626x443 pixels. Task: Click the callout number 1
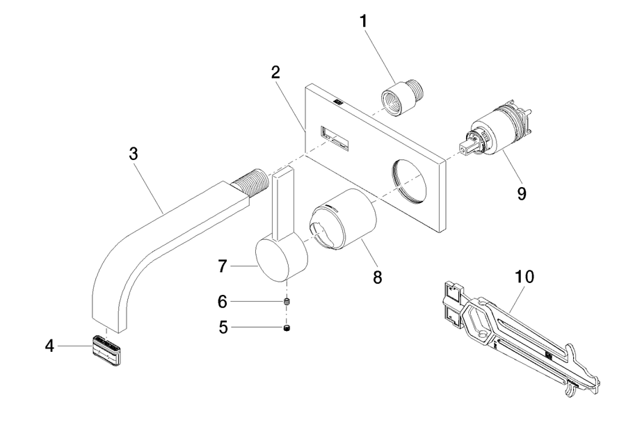pyautogui.click(x=363, y=21)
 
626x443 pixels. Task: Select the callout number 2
pyautogui.click(x=275, y=72)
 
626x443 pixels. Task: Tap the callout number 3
pyautogui.click(x=134, y=153)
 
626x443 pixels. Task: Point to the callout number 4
pyautogui.click(x=49, y=346)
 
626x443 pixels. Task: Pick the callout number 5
pyautogui.click(x=223, y=328)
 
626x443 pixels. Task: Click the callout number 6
pyautogui.click(x=223, y=302)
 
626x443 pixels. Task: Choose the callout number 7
pyautogui.click(x=223, y=266)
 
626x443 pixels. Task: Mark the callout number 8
pyautogui.click(x=377, y=277)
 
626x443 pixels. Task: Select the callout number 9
pyautogui.click(x=522, y=193)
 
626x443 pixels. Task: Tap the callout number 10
pyautogui.click(x=524, y=276)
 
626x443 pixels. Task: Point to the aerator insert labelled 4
pyautogui.click(x=108, y=351)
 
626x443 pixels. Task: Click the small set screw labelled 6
pyautogui.click(x=287, y=301)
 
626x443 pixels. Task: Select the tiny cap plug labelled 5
pyautogui.click(x=287, y=328)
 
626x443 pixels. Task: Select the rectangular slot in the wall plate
pyautogui.click(x=335, y=138)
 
